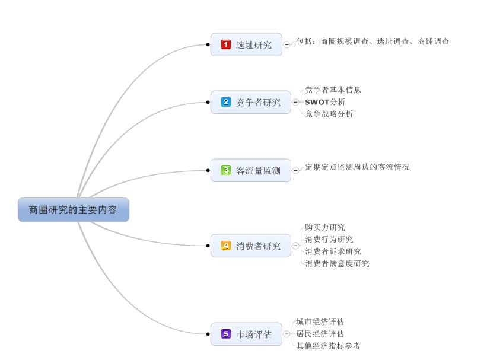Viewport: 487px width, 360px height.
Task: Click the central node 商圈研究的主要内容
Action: [73, 210]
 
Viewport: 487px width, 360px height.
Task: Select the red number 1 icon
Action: [225, 44]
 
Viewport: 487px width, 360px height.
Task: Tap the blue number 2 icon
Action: [225, 102]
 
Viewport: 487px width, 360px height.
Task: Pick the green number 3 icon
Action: [225, 170]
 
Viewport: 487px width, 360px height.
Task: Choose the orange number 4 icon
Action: [225, 245]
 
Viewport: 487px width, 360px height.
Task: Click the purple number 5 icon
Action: [225, 334]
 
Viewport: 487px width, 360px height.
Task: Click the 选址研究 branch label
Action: [254, 44]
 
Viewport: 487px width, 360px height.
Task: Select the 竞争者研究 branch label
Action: [259, 102]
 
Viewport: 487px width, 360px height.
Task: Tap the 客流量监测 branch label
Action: [259, 171]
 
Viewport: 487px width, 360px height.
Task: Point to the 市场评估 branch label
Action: [254, 334]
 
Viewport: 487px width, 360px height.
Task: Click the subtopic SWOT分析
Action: [325, 102]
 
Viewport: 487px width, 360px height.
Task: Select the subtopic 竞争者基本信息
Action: [333, 90]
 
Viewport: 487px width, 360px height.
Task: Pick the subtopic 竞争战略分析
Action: [329, 114]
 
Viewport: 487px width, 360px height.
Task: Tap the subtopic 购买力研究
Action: [325, 227]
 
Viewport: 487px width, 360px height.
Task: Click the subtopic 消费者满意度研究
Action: [337, 263]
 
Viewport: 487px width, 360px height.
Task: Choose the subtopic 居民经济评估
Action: [320, 334]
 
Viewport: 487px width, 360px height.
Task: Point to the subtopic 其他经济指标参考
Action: [328, 346]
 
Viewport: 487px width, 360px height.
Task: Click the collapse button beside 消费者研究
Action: [295, 245]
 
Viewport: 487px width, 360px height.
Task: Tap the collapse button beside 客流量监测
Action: [295, 170]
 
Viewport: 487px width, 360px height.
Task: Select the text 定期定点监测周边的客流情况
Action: [357, 167]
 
